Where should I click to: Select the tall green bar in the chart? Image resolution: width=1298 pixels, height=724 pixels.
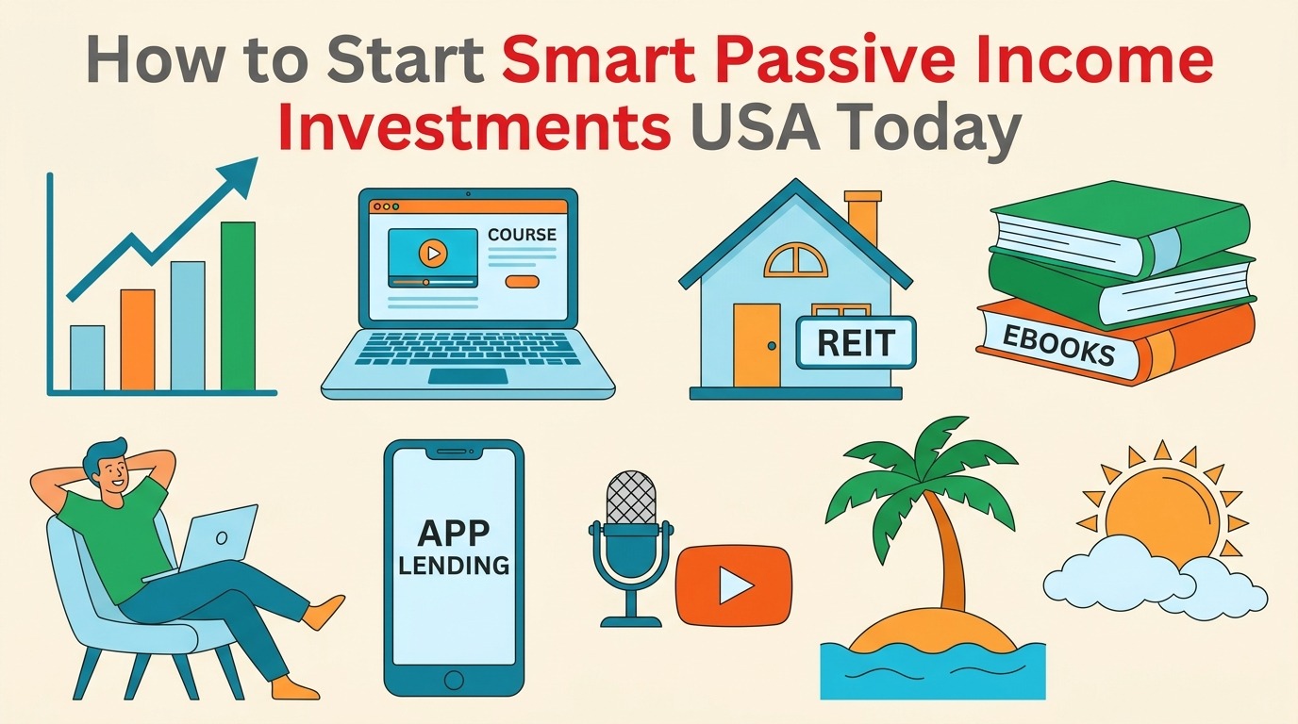pos(238,305)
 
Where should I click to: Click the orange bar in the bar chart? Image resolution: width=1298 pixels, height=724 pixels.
pos(138,339)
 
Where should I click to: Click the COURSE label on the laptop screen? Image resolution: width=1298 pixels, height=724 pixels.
pos(522,235)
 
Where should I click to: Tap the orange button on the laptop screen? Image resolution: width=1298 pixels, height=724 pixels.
pos(522,281)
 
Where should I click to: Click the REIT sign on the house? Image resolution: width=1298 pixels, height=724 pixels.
pos(856,343)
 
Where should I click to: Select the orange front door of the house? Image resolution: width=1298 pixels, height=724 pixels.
pos(757,345)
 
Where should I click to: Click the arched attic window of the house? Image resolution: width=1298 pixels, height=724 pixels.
pos(795,259)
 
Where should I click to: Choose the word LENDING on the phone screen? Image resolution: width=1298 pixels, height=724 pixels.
pos(454,566)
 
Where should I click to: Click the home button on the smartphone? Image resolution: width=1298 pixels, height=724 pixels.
pos(454,679)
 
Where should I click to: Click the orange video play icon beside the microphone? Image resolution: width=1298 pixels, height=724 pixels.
pos(733,586)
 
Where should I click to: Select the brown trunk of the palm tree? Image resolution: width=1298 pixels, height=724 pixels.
pos(949,556)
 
